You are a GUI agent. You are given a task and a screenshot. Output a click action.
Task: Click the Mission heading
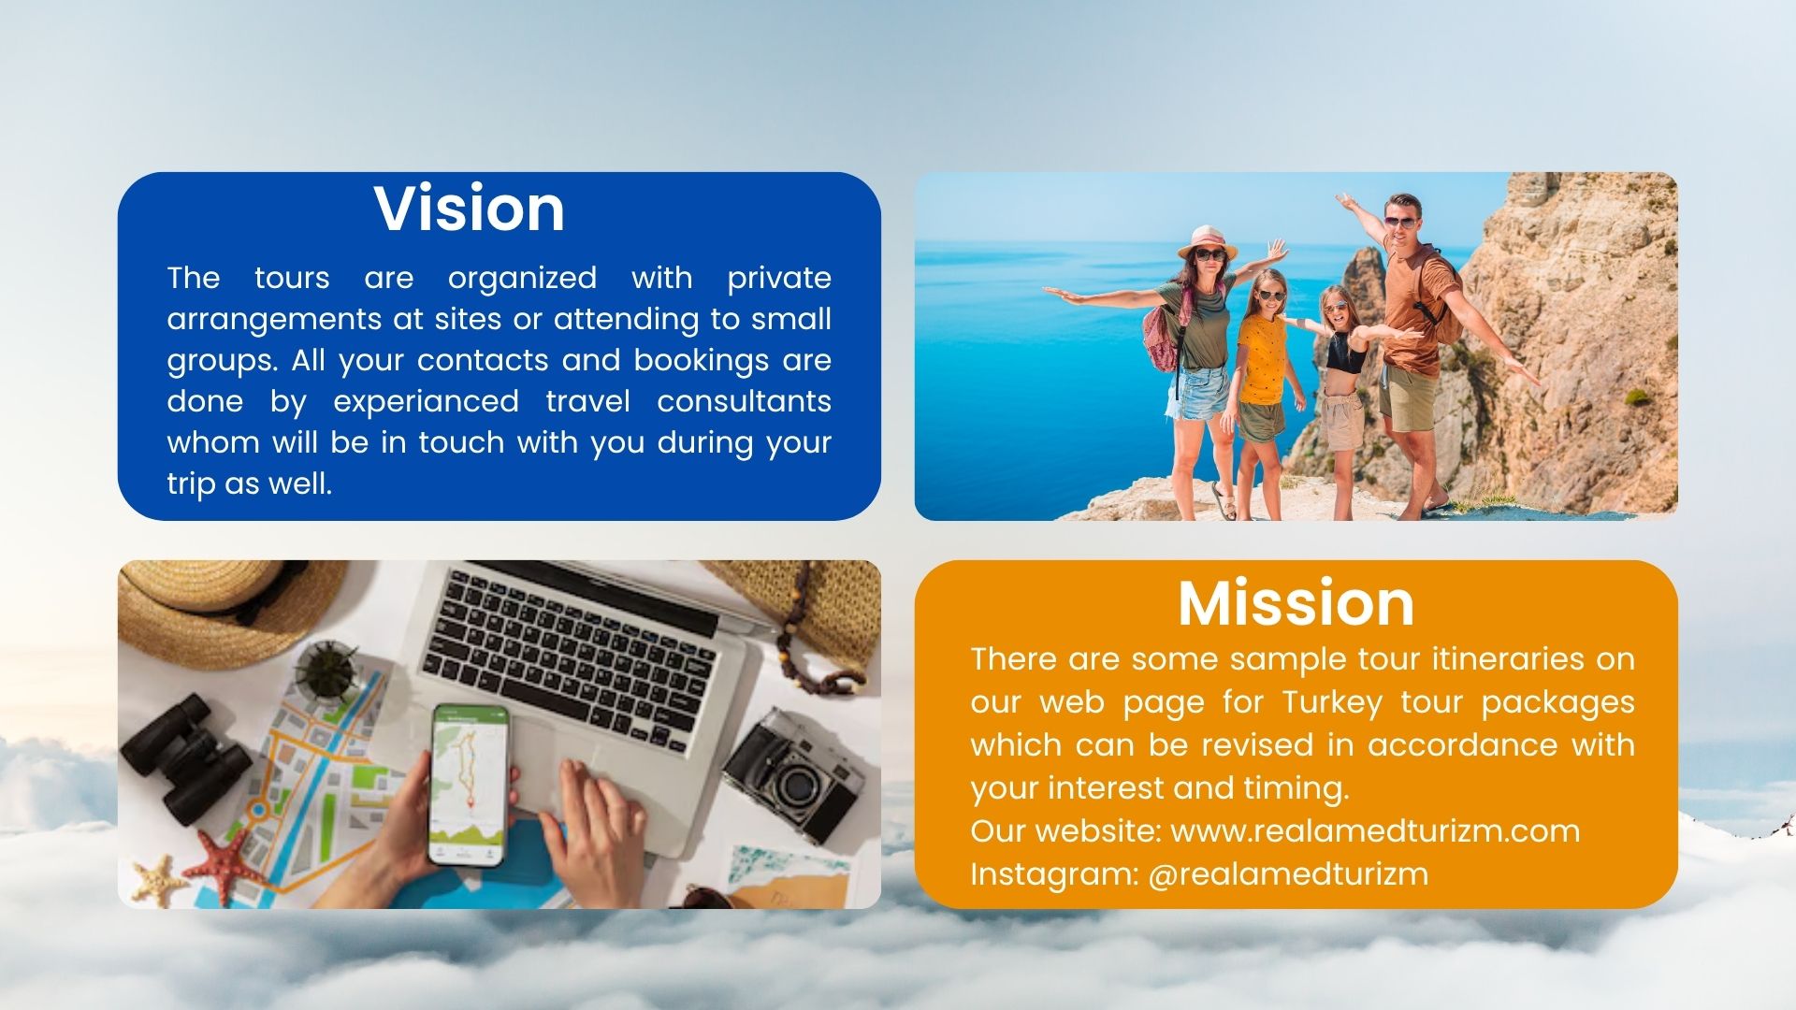click(x=1296, y=603)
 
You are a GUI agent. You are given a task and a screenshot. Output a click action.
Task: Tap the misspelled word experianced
click(x=426, y=402)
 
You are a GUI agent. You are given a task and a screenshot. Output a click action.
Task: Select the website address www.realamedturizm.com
click(x=1375, y=830)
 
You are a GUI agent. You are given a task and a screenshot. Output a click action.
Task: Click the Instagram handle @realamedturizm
click(x=1288, y=873)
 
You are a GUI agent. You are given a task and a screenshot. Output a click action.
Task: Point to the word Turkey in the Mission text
click(x=1332, y=703)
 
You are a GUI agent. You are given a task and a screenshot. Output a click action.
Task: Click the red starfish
click(x=224, y=865)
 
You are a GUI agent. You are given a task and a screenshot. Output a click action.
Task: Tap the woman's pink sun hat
click(x=1208, y=241)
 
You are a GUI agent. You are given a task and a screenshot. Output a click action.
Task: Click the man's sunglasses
click(x=1399, y=223)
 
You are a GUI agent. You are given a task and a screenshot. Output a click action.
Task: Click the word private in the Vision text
click(x=779, y=279)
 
